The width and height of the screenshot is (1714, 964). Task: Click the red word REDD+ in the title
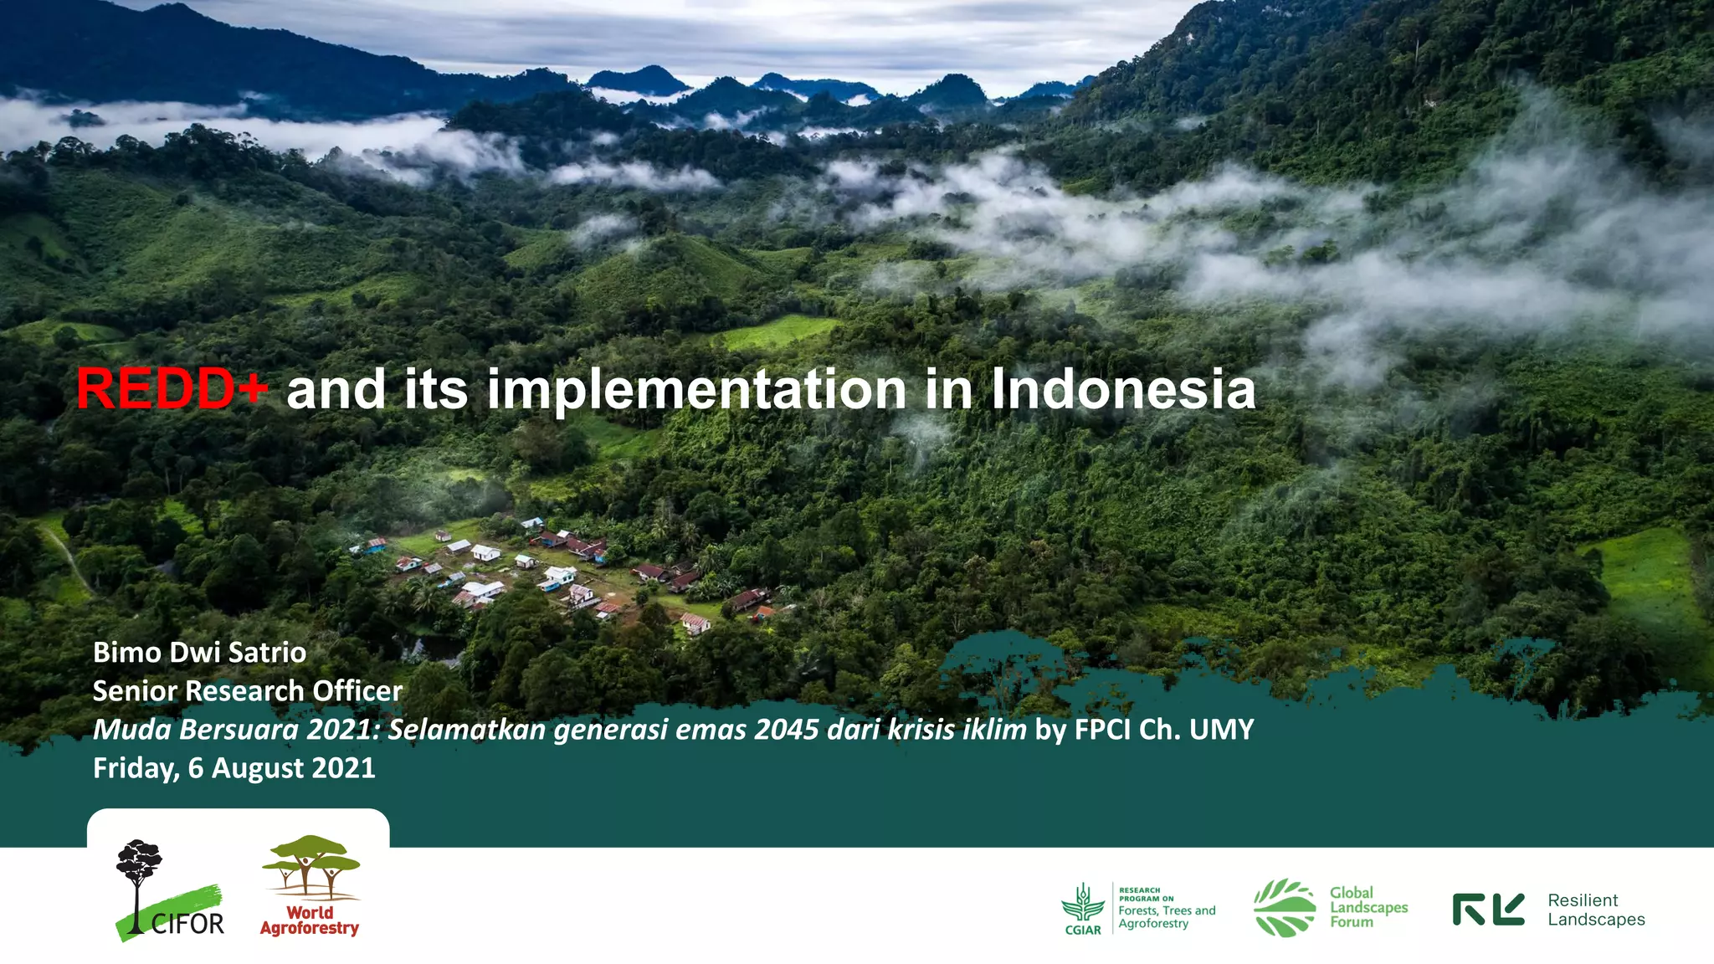point(171,390)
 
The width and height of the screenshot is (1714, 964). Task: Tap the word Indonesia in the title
point(1123,390)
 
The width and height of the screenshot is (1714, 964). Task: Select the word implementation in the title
point(697,390)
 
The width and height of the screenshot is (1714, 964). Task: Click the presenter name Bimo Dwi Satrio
point(199,653)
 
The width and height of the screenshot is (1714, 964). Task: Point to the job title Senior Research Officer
point(247,691)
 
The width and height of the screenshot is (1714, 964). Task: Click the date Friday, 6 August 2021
point(233,768)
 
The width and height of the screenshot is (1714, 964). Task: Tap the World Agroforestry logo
point(310,886)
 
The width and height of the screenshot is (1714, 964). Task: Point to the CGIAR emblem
point(1082,908)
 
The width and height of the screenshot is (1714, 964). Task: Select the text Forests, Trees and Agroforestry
point(1167,917)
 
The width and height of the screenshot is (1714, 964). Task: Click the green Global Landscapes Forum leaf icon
point(1284,908)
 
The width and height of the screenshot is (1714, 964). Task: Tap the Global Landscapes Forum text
point(1368,908)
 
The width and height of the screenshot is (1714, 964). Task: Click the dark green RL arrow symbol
point(1488,910)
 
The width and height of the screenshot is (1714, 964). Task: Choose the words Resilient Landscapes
point(1595,910)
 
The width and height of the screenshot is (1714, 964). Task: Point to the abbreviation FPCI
point(1102,730)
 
